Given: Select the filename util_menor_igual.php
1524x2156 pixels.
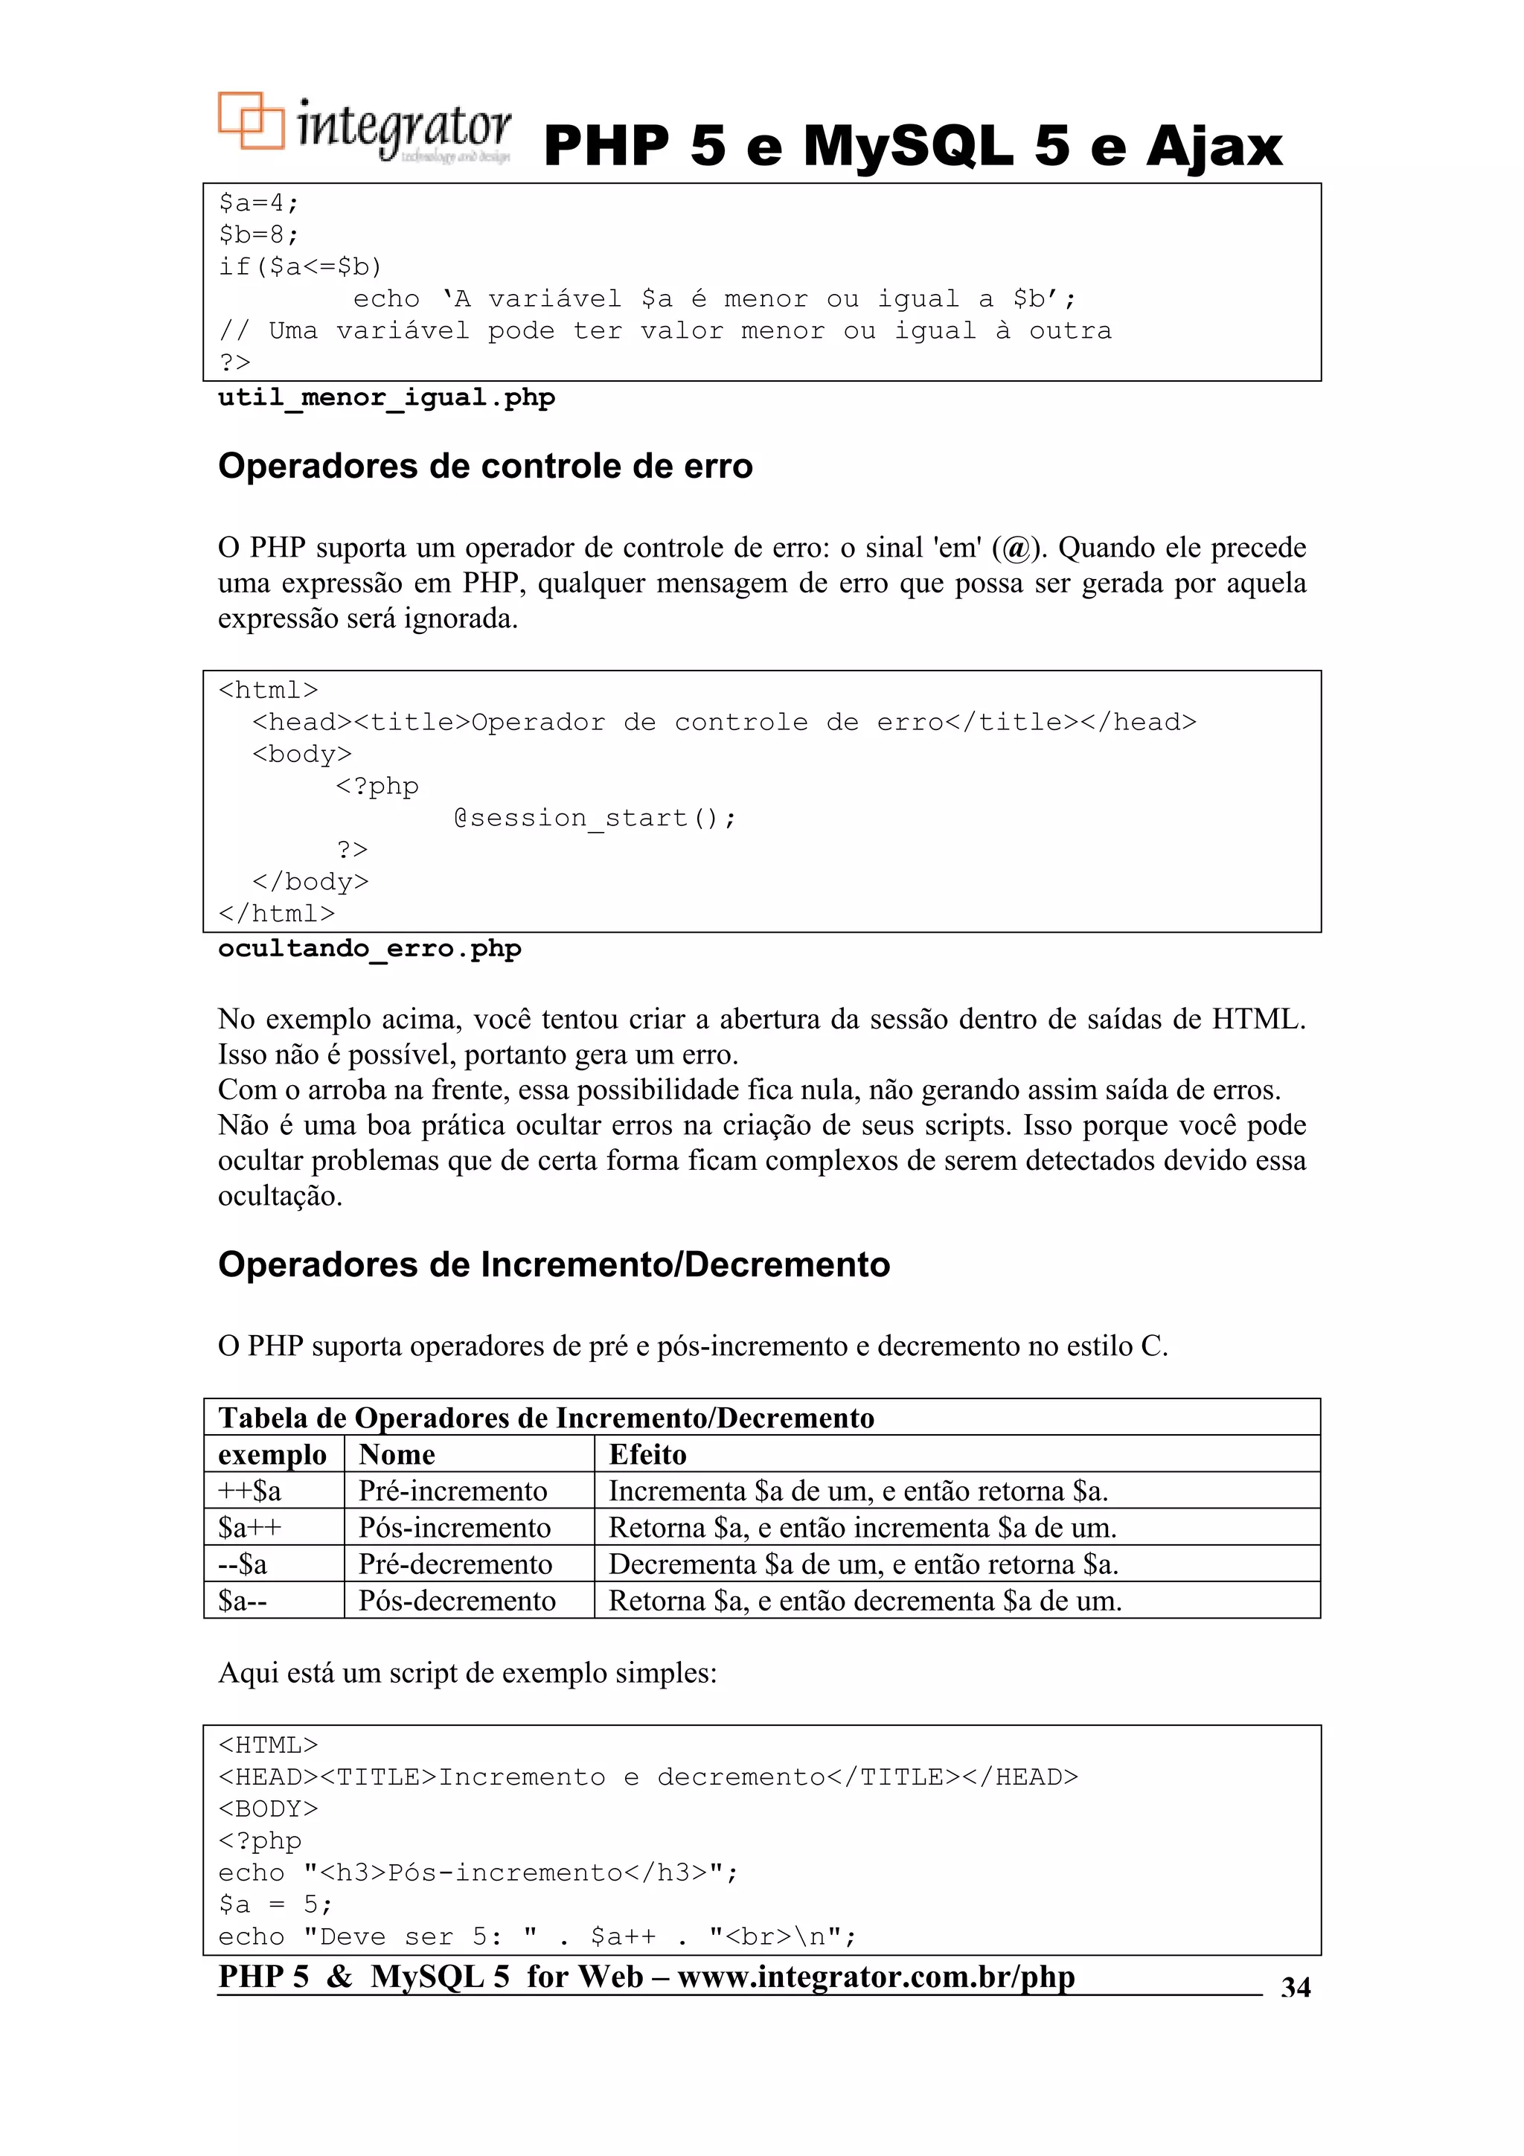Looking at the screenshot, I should click(386, 398).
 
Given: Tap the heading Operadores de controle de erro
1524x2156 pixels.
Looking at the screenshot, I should click(484, 467).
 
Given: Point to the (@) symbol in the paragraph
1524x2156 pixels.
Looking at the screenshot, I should click(1016, 548).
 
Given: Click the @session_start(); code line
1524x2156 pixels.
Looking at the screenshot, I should click(595, 818).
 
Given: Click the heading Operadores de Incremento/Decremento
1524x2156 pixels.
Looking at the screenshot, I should click(553, 1265).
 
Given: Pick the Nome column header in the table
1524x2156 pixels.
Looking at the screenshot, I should click(397, 1454).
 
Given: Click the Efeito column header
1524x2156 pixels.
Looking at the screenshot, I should click(647, 1454).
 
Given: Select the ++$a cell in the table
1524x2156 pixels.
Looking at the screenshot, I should click(250, 1491).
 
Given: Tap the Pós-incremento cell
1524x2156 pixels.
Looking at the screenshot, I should click(455, 1528).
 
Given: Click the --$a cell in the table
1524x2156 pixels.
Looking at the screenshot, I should click(243, 1564).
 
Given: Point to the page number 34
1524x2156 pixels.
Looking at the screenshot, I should click(1295, 1988).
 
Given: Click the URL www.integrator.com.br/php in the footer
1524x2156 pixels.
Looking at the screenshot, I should click(875, 1977).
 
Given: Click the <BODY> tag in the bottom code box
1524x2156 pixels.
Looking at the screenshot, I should click(268, 1808).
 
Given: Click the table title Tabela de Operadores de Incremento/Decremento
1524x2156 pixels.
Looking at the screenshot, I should click(545, 1418).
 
